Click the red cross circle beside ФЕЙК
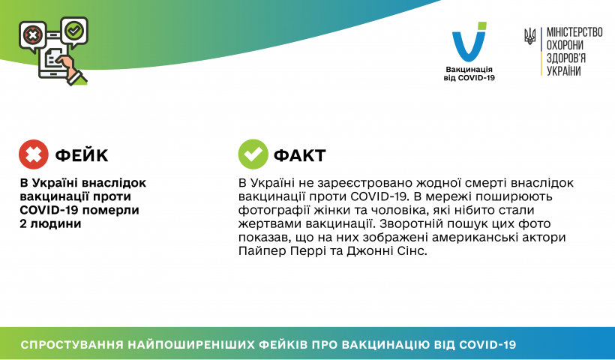click(34, 154)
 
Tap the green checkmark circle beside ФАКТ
click(253, 154)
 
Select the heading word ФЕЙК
click(82, 156)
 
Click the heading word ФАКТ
click(300, 156)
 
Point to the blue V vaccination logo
click(469, 42)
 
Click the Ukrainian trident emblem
click(530, 37)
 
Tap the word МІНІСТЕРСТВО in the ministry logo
click(574, 32)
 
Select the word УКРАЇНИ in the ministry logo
click(563, 70)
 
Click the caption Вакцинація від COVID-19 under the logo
click(469, 73)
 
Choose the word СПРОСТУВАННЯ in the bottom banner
click(72, 345)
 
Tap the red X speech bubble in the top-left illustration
click(33, 36)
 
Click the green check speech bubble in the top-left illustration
click(74, 31)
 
